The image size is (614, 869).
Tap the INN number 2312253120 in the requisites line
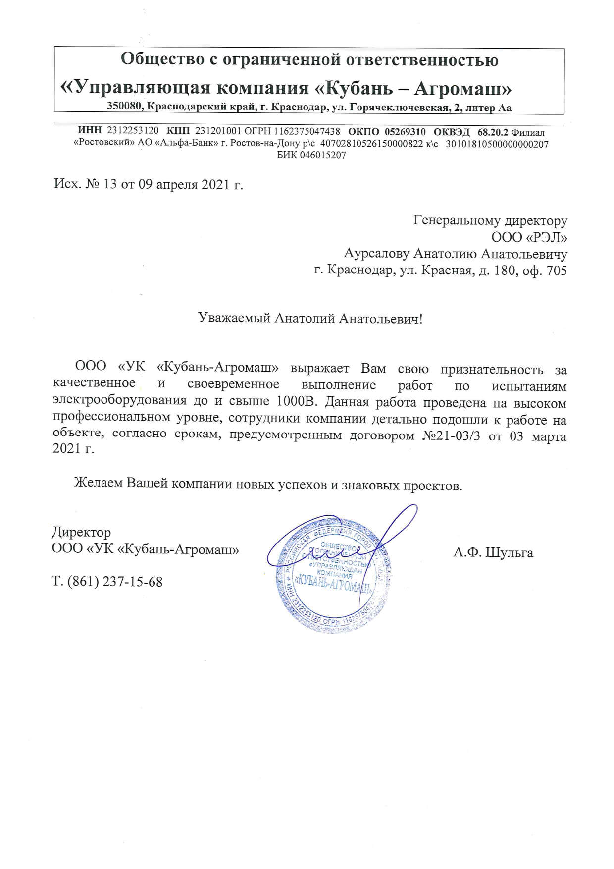(x=133, y=131)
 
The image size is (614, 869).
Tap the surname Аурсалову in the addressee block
(x=377, y=254)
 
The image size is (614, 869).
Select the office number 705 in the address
(x=555, y=271)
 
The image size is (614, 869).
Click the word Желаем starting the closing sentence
(x=98, y=484)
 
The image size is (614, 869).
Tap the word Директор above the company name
(x=81, y=533)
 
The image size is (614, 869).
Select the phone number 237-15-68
(x=133, y=581)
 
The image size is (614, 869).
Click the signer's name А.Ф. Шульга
(x=493, y=552)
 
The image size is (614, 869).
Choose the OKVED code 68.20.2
(x=493, y=131)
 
